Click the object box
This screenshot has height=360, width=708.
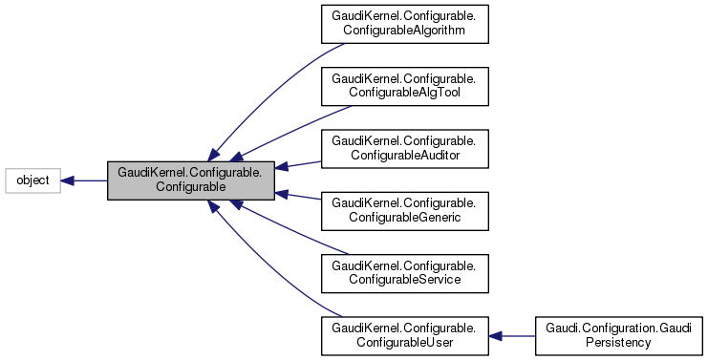point(33,180)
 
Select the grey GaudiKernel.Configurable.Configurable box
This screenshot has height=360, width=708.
point(191,180)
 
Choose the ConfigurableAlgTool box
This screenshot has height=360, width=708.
point(406,87)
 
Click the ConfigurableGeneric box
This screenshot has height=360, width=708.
point(406,210)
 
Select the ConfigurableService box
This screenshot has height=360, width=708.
point(406,272)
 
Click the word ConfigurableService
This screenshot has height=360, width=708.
point(406,280)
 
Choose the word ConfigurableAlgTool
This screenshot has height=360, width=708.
point(406,95)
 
